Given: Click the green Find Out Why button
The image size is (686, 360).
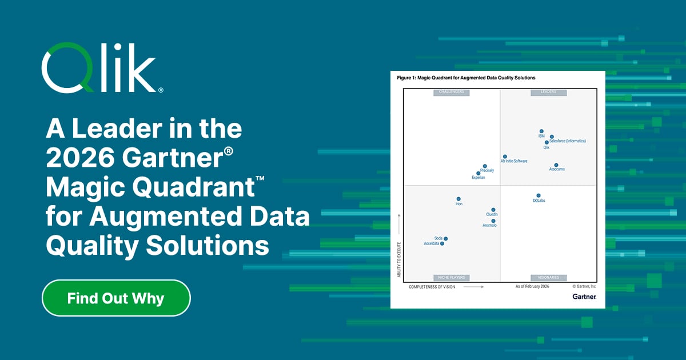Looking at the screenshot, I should tap(116, 298).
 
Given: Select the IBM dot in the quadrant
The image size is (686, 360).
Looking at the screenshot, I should tap(541, 131).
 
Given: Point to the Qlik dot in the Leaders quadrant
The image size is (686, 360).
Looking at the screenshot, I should tap(547, 142).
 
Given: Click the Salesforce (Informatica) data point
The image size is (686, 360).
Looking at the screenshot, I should tap(552, 137).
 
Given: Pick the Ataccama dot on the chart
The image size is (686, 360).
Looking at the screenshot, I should tap(556, 165).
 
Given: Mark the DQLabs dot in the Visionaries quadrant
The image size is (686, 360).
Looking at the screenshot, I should tap(539, 195).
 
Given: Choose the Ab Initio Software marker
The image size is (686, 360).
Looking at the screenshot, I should tap(505, 156).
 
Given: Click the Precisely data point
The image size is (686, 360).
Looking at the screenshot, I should tap(485, 166).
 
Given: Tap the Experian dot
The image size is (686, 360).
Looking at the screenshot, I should tap(478, 173).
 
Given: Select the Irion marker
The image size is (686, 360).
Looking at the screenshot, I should tap(458, 199).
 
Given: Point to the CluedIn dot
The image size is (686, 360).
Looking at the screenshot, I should tap(493, 210).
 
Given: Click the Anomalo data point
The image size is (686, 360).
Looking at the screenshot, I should tap(493, 221).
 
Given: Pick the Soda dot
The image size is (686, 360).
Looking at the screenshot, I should tap(446, 239).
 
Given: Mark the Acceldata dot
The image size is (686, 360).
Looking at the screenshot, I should tap(442, 243).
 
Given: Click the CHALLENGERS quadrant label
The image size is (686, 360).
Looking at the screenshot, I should tap(451, 91).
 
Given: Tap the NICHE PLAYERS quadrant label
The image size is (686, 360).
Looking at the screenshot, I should tap(451, 277).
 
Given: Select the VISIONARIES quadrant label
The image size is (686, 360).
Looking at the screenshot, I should tap(548, 277).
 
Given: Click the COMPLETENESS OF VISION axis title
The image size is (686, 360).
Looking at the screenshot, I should tap(432, 287).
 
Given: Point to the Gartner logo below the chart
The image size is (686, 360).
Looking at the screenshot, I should tap(584, 297).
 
